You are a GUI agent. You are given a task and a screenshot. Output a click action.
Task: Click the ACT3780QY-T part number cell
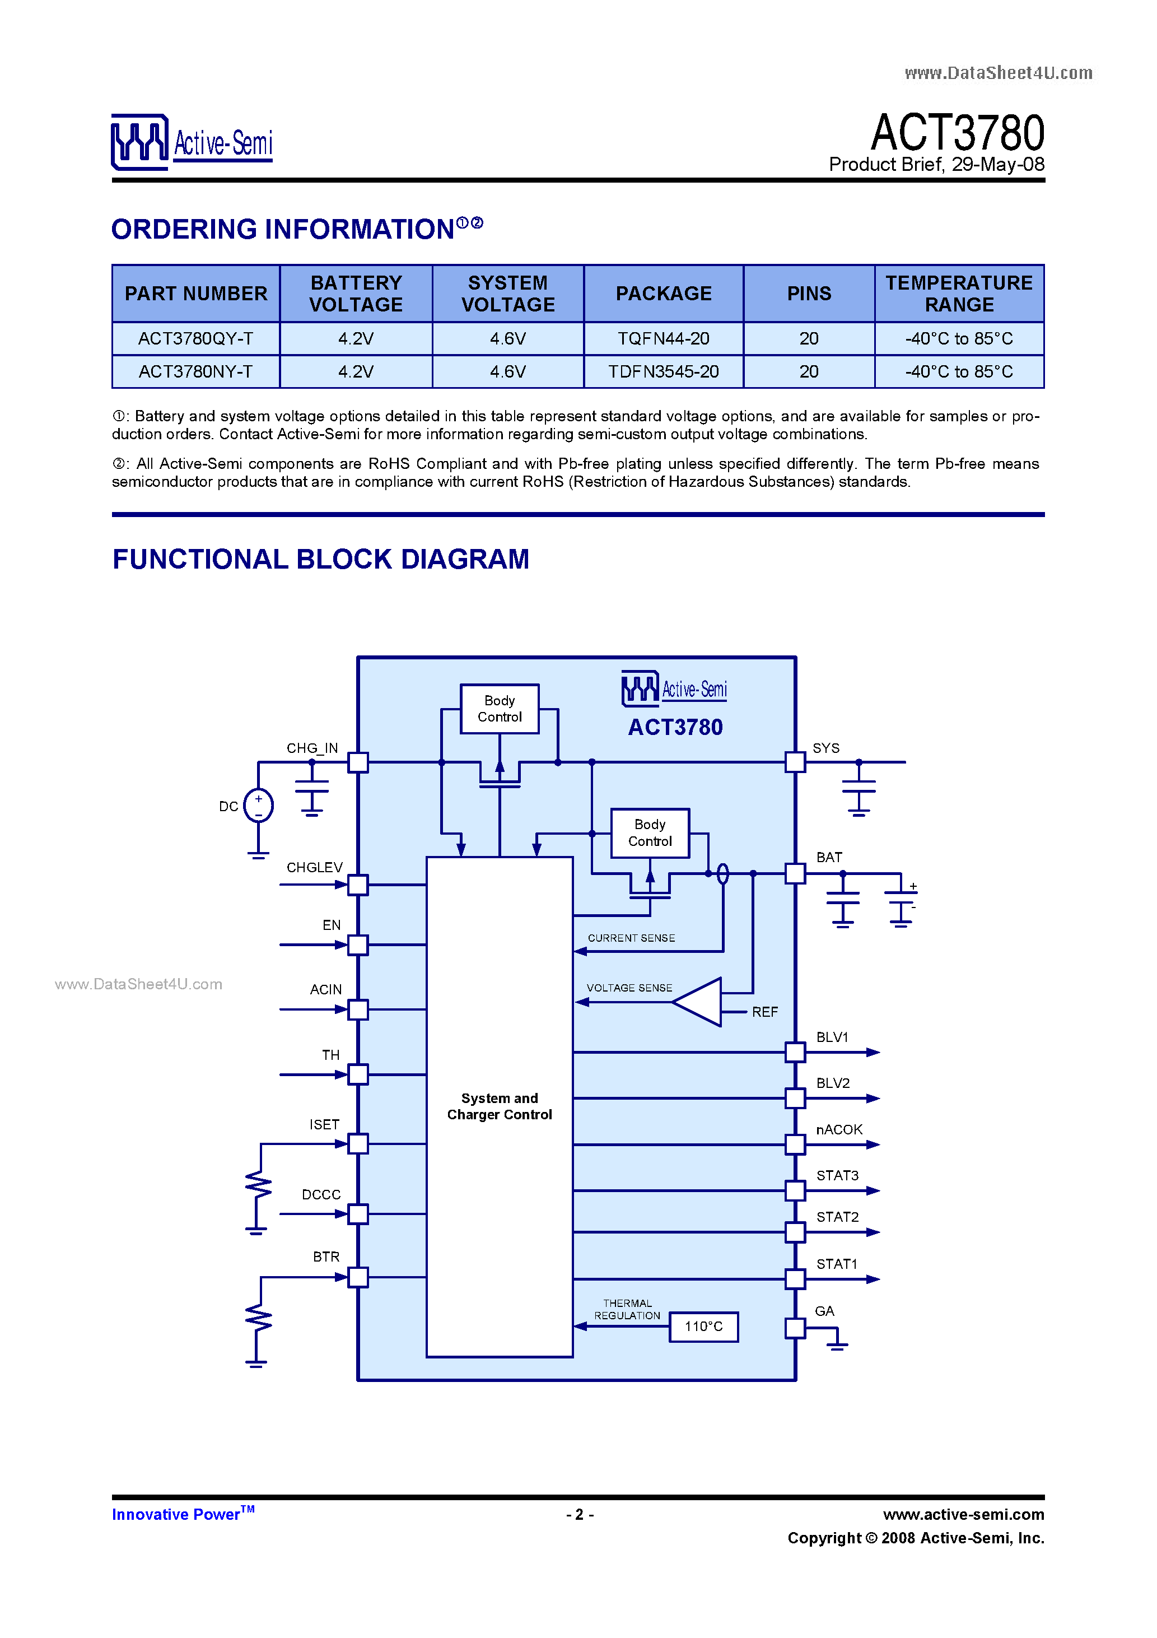pos(195,338)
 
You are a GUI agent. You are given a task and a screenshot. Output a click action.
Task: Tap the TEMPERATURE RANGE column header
pos(958,293)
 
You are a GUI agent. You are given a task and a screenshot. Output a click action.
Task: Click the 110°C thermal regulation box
pos(703,1326)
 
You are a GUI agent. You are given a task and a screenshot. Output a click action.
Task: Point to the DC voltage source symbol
pos(258,806)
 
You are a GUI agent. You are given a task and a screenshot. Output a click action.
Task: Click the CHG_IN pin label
pos(312,748)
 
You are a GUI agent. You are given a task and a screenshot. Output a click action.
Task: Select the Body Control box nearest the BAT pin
pos(649,832)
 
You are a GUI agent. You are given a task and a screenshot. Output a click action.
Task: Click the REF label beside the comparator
pos(764,1012)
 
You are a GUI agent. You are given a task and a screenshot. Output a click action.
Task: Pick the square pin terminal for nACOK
pos(795,1144)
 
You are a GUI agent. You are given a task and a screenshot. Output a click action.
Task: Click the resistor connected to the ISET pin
pos(258,1186)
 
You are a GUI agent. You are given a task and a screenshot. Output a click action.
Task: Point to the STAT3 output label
pos(837,1175)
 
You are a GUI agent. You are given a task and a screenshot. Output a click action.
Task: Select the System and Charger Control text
pos(500,1106)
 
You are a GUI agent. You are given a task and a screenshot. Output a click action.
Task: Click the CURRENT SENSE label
pos(631,937)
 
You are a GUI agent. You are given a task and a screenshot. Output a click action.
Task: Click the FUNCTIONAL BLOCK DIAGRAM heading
pos(320,559)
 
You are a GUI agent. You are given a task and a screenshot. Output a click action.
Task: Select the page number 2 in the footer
pos(579,1514)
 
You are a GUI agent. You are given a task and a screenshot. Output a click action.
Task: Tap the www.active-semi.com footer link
pos(963,1514)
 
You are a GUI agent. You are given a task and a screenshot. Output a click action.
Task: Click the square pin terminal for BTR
pos(357,1277)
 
